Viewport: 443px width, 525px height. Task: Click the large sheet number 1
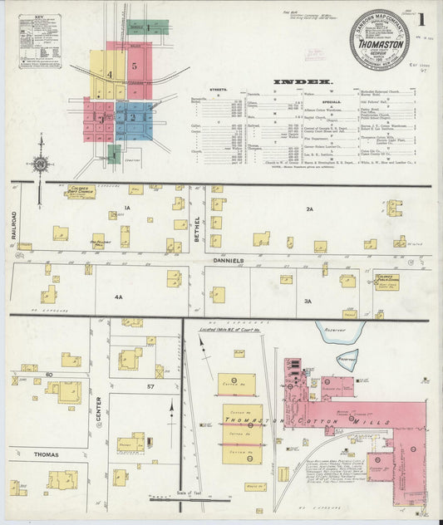pos(423,19)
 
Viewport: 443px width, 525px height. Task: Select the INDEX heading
pos(307,81)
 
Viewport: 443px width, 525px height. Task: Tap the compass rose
pos(41,164)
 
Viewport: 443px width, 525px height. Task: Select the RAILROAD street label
pos(14,225)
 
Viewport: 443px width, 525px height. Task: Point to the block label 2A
pos(308,209)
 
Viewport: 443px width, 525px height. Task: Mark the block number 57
pos(151,387)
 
